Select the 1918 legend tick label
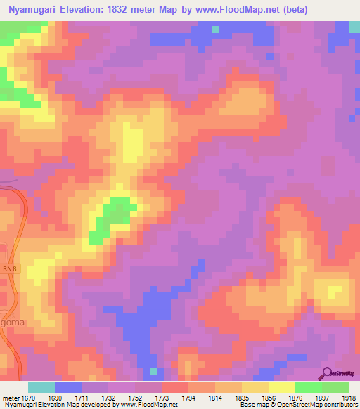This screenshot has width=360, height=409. tap(349, 398)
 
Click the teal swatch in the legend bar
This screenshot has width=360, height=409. tap(41, 387)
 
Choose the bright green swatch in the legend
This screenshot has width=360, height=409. tap(309, 387)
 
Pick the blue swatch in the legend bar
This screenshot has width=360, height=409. tap(68, 387)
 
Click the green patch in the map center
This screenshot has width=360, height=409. tap(112, 215)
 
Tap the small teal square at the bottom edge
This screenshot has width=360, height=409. tap(154, 371)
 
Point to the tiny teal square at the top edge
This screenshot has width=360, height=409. tap(214, 30)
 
